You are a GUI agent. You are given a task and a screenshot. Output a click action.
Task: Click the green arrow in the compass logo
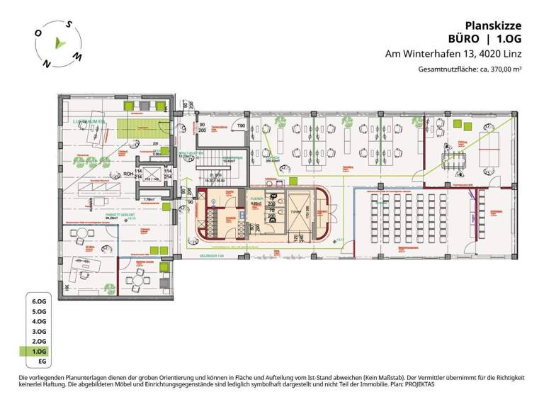coord(62,44)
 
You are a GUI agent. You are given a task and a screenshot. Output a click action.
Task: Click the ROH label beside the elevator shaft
coord(128,172)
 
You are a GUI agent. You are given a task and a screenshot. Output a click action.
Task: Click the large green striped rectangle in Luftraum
coord(135,128)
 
